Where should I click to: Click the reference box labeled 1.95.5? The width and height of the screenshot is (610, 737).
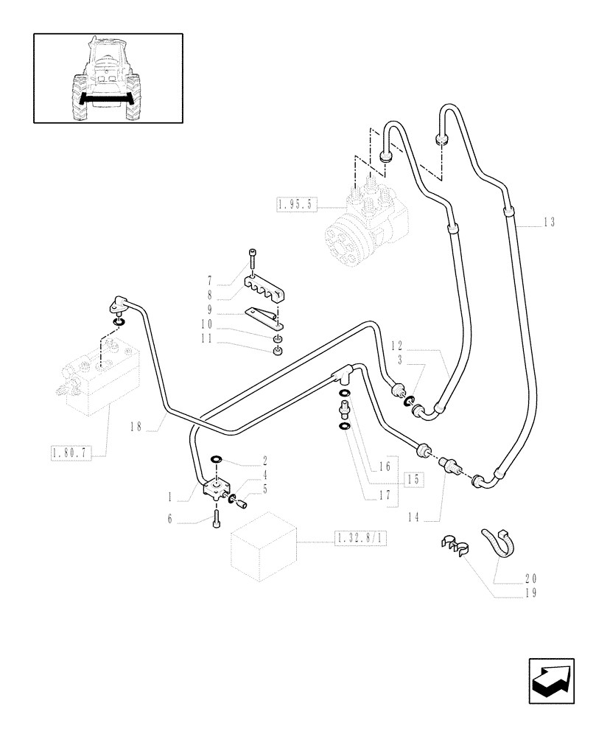point(298,205)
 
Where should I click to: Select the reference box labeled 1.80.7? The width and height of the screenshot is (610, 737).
point(71,453)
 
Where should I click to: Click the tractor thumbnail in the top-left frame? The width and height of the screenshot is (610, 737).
point(108,78)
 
